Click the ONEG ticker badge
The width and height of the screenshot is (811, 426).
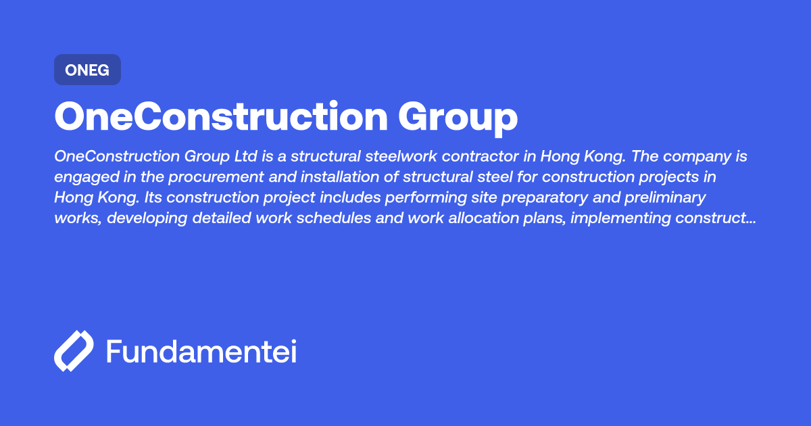click(x=87, y=70)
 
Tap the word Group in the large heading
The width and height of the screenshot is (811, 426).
click(x=458, y=117)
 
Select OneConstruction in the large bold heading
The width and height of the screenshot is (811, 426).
click(x=221, y=117)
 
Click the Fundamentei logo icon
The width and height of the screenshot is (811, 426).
click(x=73, y=352)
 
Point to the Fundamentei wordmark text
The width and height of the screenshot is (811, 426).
click(x=201, y=352)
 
